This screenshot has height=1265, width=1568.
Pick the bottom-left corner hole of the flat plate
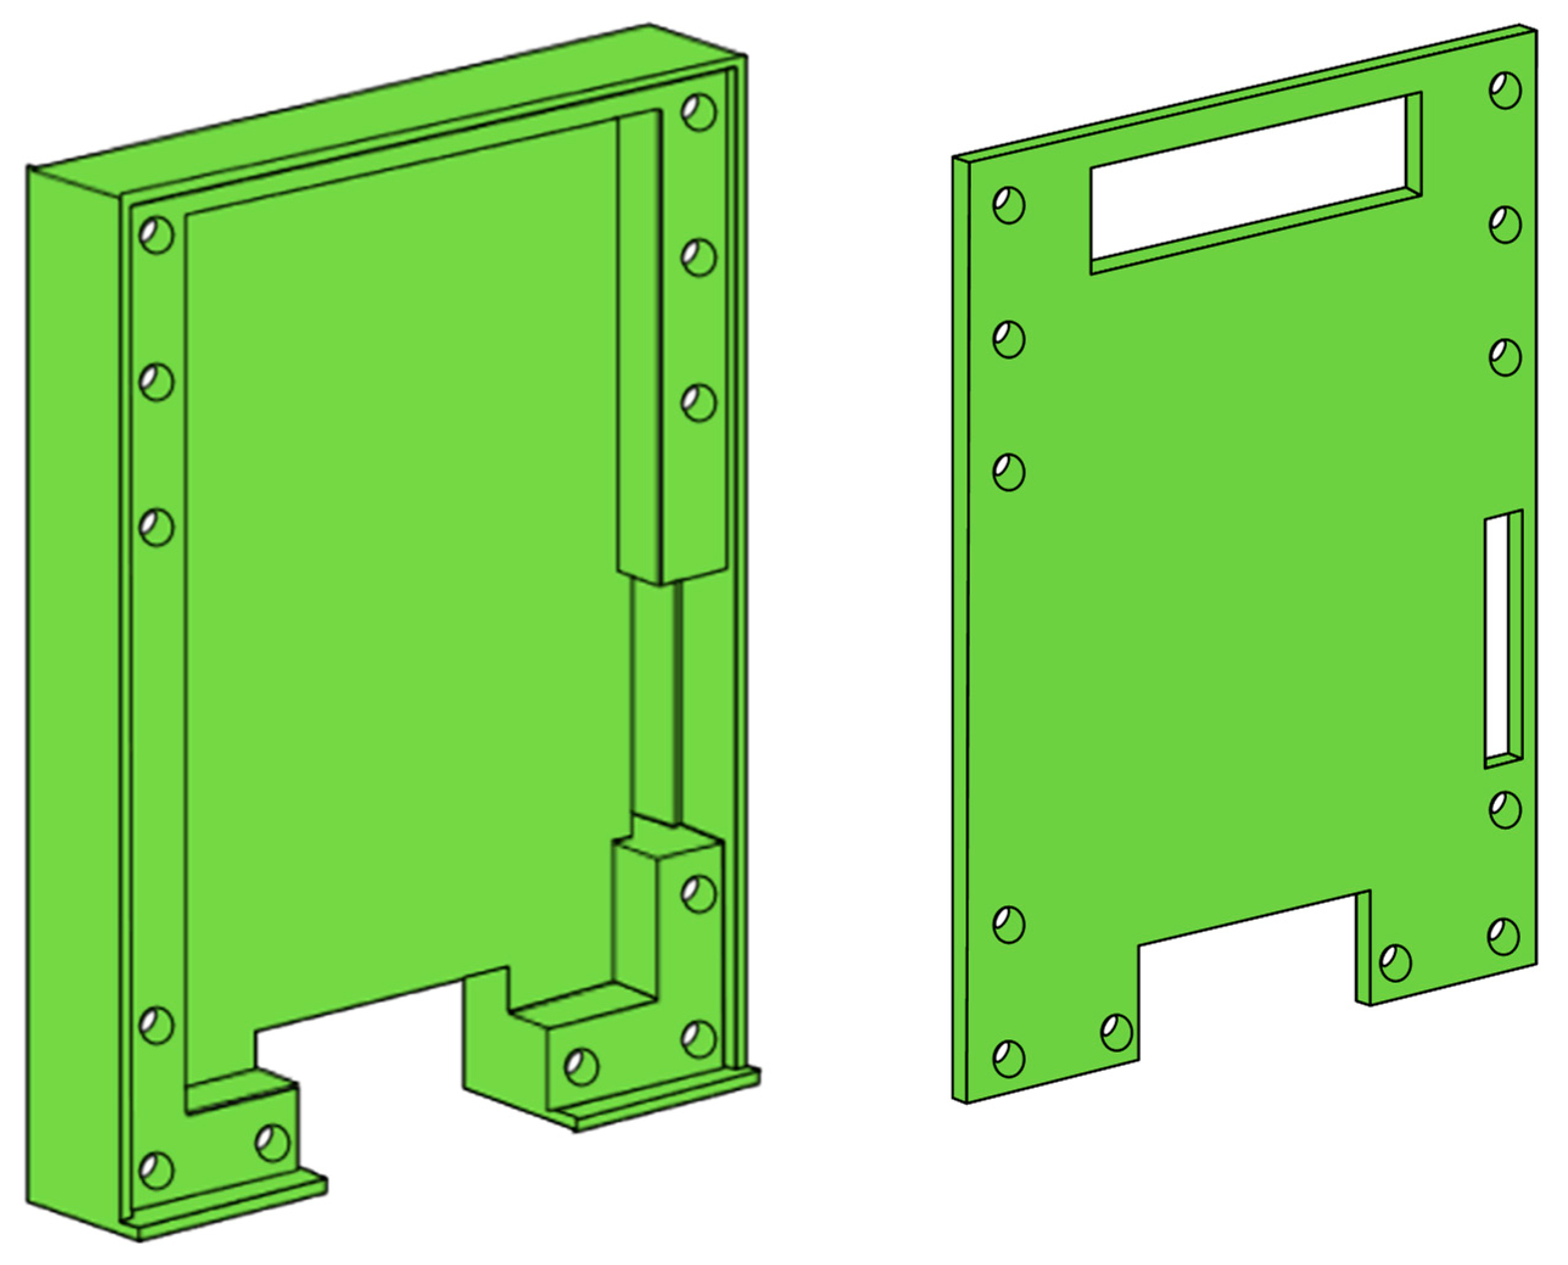point(1009,1059)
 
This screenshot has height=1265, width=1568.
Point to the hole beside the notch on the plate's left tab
point(1116,1032)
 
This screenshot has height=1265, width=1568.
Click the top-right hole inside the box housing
point(699,112)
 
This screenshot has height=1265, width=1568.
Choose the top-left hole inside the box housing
point(156,234)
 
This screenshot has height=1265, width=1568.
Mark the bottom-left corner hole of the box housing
point(156,1170)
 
